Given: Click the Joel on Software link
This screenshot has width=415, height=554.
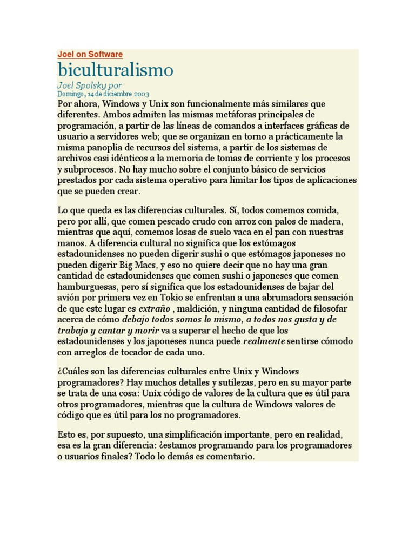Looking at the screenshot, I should pyautogui.click(x=90, y=54).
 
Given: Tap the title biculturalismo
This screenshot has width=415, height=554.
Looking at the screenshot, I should pyautogui.click(x=116, y=70).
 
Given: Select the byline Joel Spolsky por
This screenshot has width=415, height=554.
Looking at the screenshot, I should pyautogui.click(x=90, y=85).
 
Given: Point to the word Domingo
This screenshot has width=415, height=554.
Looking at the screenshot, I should pyautogui.click(x=70, y=94).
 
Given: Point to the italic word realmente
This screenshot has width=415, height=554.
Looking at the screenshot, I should pyautogui.click(x=264, y=341).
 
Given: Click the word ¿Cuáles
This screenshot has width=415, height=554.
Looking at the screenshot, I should pyautogui.click(x=73, y=371).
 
